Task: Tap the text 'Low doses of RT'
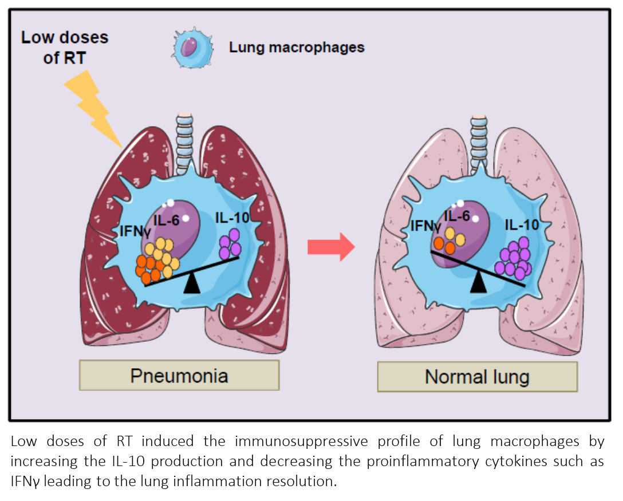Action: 65,47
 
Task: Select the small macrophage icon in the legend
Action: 193,47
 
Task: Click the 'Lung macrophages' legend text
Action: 297,47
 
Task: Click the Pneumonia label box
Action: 179,376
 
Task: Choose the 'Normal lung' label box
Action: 477,377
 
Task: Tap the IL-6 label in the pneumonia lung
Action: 167,219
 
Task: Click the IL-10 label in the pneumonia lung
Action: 232,218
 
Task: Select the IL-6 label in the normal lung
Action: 457,216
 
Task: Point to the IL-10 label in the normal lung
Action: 522,225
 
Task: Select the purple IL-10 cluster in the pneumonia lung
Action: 230,243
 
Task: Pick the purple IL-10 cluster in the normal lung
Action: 514,259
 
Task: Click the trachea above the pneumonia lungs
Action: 184,143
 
